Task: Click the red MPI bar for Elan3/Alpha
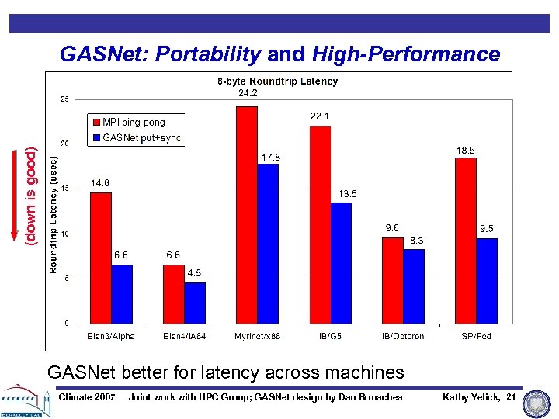coord(101,258)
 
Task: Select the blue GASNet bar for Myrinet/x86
coord(268,244)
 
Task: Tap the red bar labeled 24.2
coord(246,215)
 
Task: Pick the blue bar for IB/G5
coord(341,263)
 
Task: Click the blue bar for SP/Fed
coord(487,281)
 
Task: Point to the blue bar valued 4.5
coord(195,303)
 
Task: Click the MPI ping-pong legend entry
coord(134,122)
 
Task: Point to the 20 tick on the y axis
coord(64,144)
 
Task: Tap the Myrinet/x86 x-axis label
coord(257,336)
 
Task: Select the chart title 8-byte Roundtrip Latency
coord(277,81)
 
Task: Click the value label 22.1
coord(319,116)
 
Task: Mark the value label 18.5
coord(466,150)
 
